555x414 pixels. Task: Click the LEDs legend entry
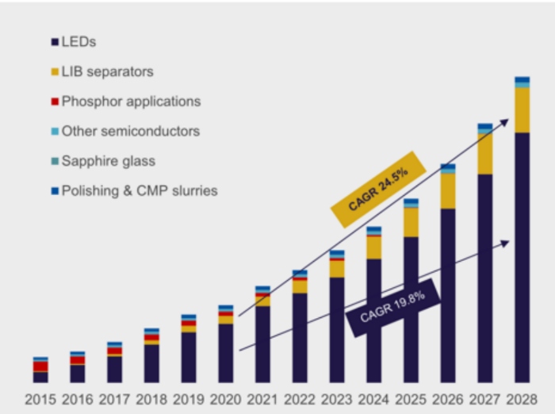point(74,42)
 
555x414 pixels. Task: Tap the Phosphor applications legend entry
point(126,102)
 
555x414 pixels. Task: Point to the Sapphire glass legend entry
point(103,161)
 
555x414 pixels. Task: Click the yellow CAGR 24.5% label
point(378,190)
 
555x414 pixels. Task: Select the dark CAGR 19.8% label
point(393,308)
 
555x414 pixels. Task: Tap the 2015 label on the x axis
point(40,400)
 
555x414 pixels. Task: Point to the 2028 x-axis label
point(522,400)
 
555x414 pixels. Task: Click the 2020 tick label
point(225,400)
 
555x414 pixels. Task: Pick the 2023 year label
point(337,400)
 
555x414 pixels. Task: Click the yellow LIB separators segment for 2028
point(522,110)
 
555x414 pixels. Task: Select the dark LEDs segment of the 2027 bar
point(485,278)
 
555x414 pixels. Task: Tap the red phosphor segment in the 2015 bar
point(40,366)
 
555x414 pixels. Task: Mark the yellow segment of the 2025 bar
point(411,222)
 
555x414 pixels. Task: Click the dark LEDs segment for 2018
point(151,364)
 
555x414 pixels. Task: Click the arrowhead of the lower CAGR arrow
point(506,243)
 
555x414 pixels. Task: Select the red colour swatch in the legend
point(55,102)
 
